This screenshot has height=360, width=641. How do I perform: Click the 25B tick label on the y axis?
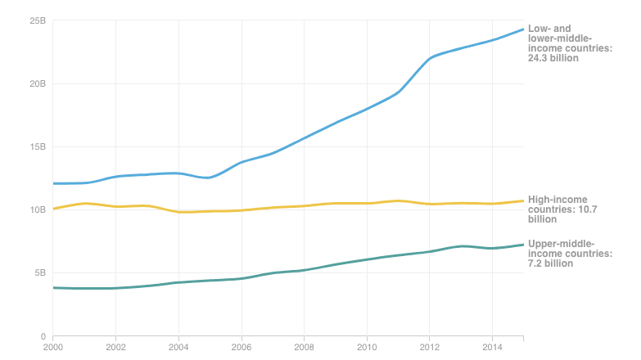pos(38,20)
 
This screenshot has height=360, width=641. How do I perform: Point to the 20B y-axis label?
pos(38,83)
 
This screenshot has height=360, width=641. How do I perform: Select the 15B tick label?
pos(38,146)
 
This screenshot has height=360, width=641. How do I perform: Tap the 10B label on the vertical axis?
pos(38,209)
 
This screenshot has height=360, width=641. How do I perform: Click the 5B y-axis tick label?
pos(40,272)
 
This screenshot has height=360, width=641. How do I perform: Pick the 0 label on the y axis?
pos(43,336)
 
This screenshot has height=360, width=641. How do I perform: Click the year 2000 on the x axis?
pos(53,348)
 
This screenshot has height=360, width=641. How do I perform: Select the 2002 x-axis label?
pos(115,348)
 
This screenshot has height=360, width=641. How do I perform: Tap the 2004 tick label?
pos(178,348)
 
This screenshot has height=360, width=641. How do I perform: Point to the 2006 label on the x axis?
pos(242,348)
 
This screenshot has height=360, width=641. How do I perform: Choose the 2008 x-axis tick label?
pos(305,348)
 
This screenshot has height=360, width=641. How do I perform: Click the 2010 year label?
pos(367,348)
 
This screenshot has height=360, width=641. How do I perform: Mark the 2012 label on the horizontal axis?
pos(430,348)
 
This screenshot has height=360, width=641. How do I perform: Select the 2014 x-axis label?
pos(493,348)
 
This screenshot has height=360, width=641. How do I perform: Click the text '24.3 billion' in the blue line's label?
pos(553,58)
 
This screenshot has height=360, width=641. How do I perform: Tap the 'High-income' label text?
pos(557,200)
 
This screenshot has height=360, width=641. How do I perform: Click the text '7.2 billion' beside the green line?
pos(550,263)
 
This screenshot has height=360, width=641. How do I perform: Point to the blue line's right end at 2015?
pos(523,29)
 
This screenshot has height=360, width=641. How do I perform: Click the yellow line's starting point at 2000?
pos(53,209)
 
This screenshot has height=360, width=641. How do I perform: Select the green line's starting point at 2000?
pos(53,288)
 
